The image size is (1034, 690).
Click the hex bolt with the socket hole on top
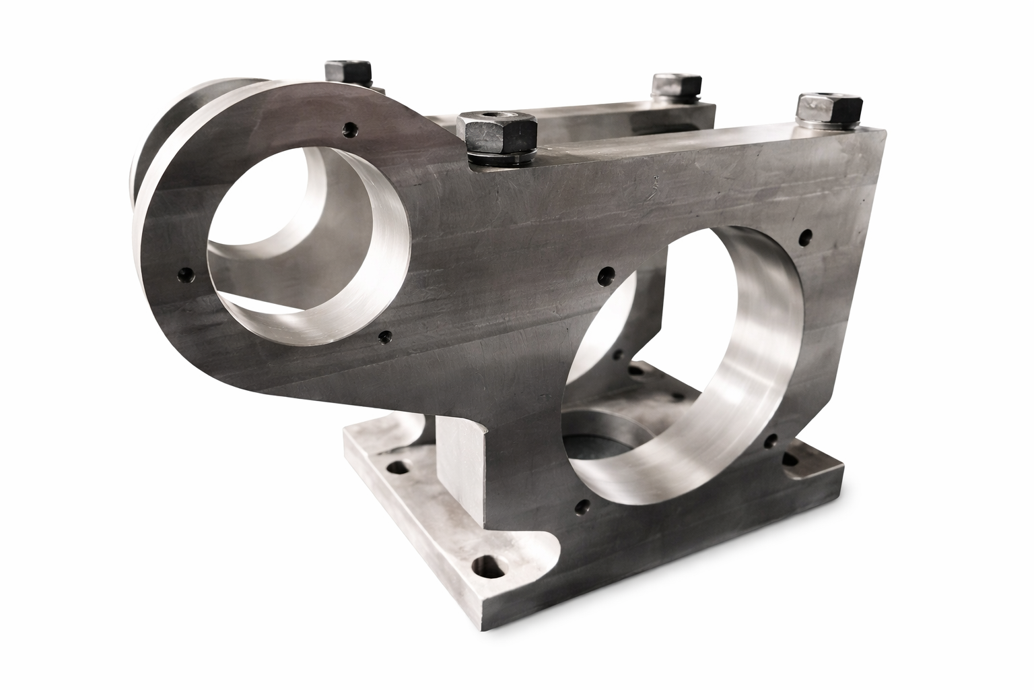[x=495, y=131]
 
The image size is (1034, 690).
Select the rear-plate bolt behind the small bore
[x=348, y=73]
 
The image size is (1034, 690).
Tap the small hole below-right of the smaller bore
[x=385, y=335]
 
